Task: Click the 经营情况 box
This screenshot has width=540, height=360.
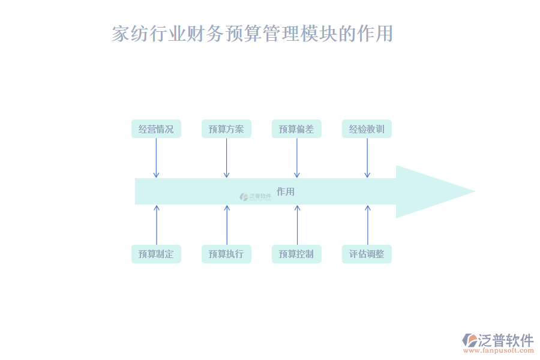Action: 156,129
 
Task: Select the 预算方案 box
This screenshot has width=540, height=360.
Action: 226,129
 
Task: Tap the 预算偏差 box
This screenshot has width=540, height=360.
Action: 296,129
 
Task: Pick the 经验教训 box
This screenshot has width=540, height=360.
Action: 367,129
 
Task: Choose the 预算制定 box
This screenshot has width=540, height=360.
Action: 156,254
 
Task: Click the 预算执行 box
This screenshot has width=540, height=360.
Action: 226,254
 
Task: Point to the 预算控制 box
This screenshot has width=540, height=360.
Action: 296,254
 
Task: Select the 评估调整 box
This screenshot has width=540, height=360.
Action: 367,254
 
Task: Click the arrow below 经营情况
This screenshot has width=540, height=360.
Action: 156,158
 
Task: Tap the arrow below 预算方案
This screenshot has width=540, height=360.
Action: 226,158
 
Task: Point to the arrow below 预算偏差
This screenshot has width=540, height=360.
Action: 296,158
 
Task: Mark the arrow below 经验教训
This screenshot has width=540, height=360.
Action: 367,158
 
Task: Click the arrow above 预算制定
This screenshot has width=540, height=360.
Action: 157,225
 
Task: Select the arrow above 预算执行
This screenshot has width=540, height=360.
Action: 227,225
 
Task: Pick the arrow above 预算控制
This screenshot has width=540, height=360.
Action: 297,225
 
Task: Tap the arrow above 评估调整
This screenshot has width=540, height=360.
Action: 368,225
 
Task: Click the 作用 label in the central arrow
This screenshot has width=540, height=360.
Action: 286,191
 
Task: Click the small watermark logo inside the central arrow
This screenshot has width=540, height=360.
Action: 255,196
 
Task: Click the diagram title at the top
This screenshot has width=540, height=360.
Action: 252,34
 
